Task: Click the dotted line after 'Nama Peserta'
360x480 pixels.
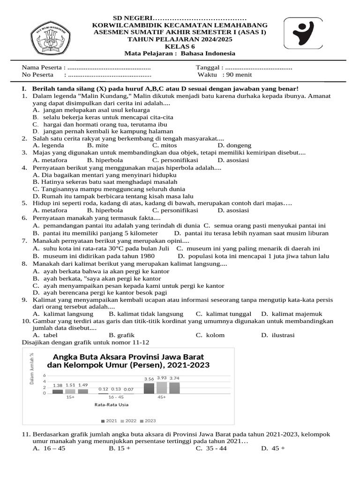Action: click(x=109, y=67)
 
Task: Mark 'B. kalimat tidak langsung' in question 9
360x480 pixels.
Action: click(x=146, y=314)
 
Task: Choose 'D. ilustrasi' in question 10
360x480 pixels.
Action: click(x=277, y=335)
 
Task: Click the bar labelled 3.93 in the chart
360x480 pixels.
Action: click(x=162, y=387)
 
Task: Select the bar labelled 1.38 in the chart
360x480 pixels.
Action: click(x=58, y=391)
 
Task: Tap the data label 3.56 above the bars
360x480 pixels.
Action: click(x=149, y=379)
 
